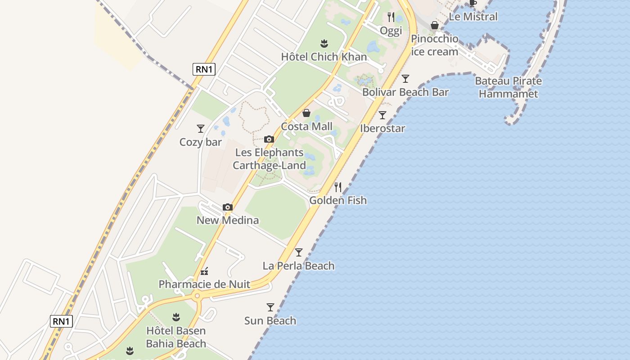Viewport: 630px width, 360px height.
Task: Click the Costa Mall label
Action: [x=306, y=126]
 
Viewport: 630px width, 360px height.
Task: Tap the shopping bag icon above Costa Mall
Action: [x=306, y=113]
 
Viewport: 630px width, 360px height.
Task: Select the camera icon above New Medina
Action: [x=228, y=207]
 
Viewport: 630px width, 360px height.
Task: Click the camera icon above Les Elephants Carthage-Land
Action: [x=269, y=139]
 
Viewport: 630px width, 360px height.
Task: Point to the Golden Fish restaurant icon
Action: [x=338, y=187]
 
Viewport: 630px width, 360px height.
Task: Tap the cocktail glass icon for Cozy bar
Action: [x=201, y=129]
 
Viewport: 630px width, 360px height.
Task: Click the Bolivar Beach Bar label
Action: [x=405, y=92]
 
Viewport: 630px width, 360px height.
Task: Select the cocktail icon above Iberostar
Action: [x=382, y=115]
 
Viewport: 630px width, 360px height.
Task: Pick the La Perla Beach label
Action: [x=298, y=266]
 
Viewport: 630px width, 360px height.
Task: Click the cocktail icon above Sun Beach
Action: [x=270, y=307]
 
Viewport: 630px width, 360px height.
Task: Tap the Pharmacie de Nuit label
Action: [x=204, y=284]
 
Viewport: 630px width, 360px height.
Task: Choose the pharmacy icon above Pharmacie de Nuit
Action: [x=204, y=271]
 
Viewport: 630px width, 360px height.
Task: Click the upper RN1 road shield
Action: [x=204, y=69]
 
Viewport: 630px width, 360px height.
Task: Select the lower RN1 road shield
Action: [x=62, y=321]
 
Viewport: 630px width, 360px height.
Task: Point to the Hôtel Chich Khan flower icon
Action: [x=324, y=44]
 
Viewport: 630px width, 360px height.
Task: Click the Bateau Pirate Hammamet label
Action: [x=508, y=87]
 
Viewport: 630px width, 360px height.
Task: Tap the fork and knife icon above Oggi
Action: [x=391, y=17]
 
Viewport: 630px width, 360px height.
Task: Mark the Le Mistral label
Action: [x=473, y=17]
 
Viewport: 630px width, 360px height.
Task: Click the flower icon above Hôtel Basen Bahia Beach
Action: [x=176, y=317]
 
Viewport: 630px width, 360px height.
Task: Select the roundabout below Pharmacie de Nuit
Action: [x=197, y=296]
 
